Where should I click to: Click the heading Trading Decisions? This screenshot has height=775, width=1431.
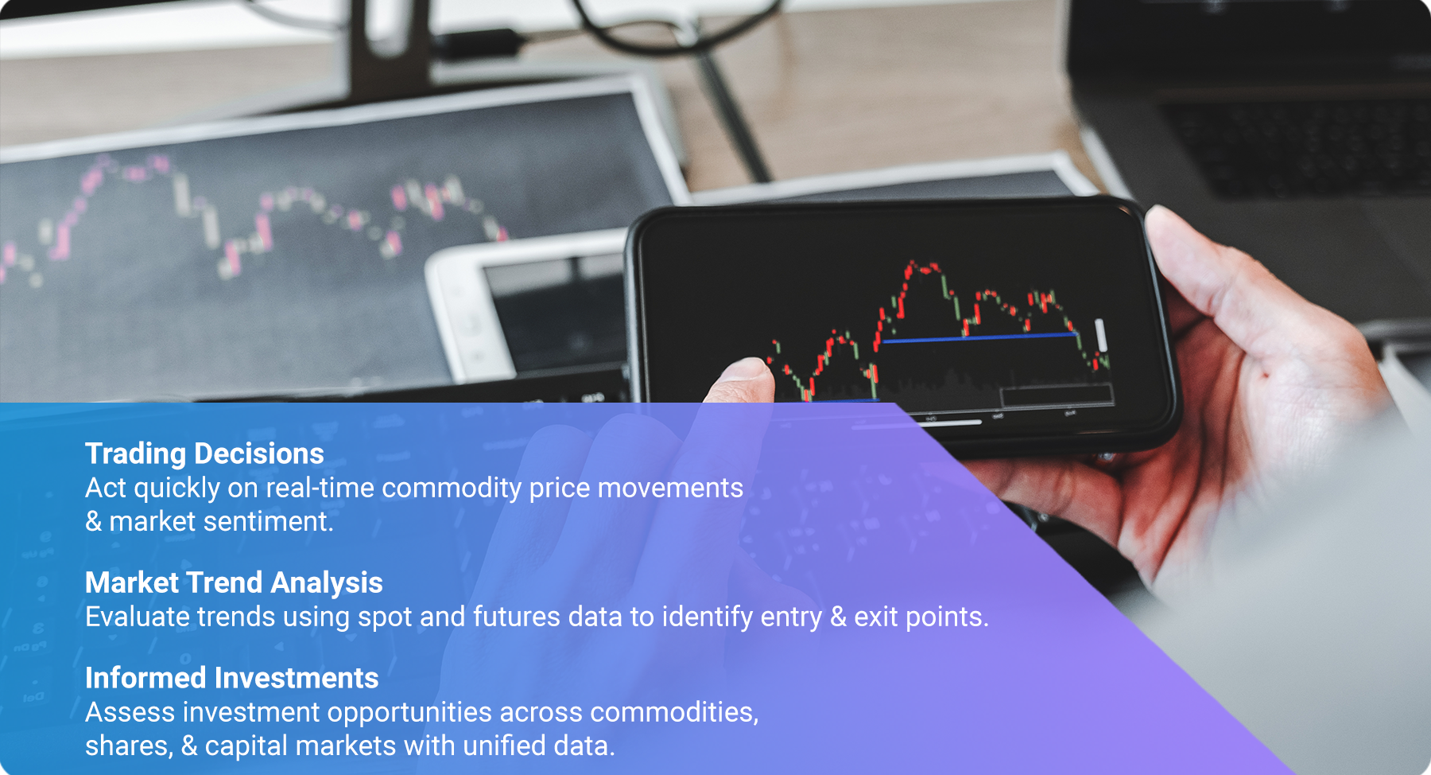204,454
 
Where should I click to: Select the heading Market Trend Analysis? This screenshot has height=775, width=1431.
234,582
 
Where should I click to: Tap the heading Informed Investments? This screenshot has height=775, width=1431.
232,678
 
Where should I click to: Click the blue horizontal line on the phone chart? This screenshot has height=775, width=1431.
979,338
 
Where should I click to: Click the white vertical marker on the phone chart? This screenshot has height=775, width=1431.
1100,334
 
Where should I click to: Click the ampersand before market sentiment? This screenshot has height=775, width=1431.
94,522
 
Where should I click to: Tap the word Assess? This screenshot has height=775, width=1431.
130,712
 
